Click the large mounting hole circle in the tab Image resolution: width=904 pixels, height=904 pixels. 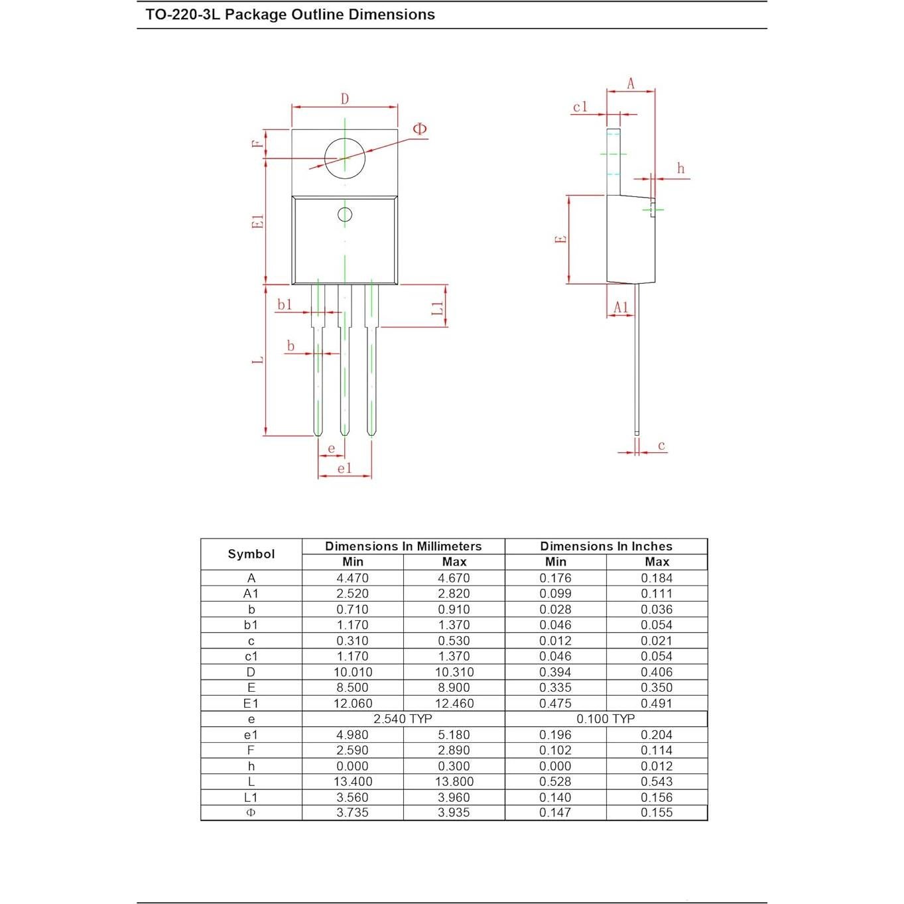pyautogui.click(x=345, y=158)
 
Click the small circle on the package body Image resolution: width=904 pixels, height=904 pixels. pyautogui.click(x=345, y=214)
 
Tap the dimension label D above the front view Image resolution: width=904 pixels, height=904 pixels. pyautogui.click(x=345, y=99)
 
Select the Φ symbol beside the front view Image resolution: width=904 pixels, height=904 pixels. pyautogui.click(x=419, y=129)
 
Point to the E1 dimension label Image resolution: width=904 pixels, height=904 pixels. pyautogui.click(x=259, y=222)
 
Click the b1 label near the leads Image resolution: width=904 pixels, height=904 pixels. pyautogui.click(x=285, y=304)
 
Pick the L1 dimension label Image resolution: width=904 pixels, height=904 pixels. pyautogui.click(x=437, y=308)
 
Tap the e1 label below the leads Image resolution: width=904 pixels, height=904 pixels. pyautogui.click(x=344, y=468)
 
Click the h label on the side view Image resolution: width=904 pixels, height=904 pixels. pyautogui.click(x=680, y=168)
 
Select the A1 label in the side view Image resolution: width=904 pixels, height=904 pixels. pyautogui.click(x=621, y=307)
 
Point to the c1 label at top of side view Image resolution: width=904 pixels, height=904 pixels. pyautogui.click(x=580, y=107)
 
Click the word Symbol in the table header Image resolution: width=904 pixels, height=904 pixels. pyautogui.click(x=251, y=554)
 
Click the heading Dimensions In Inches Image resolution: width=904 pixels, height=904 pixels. pyautogui.click(x=606, y=546)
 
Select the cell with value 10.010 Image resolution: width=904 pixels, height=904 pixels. pyautogui.click(x=352, y=672)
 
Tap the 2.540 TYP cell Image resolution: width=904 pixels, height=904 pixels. pyautogui.click(x=403, y=719)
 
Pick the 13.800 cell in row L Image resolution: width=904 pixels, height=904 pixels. pyautogui.click(x=454, y=781)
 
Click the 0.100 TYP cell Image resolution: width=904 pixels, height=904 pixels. pyautogui.click(x=606, y=719)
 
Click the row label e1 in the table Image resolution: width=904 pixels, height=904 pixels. pyautogui.click(x=251, y=735)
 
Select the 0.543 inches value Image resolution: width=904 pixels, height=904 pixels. pyautogui.click(x=656, y=781)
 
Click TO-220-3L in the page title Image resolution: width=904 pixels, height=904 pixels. pyautogui.click(x=182, y=15)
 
